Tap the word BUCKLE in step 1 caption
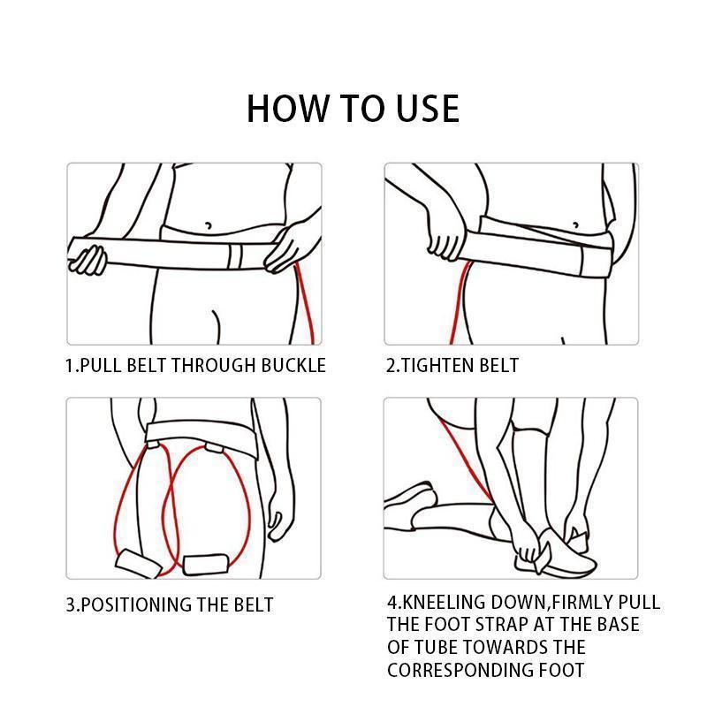293,365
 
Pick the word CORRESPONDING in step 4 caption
460,670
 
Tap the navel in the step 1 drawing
209,225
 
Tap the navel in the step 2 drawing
576,224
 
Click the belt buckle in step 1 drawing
236,257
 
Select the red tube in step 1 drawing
305,303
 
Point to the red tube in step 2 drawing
460,301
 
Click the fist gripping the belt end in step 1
88,259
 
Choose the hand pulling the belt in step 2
444,234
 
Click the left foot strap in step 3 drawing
139,563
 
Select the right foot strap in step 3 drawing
206,564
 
